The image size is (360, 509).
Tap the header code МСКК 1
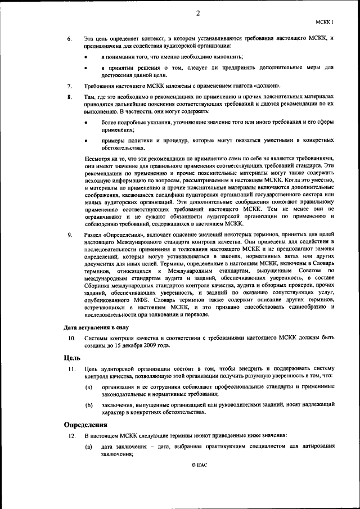pos(325,22)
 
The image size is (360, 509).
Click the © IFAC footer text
pos(199,466)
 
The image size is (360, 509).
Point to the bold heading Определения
pos(85,425)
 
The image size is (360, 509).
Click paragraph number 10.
pos(71,338)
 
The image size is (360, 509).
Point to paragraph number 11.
pos(71,368)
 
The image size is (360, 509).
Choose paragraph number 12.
pos(71,436)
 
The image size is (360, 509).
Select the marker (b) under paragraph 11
pos(89,405)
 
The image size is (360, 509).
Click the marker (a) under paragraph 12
pos(89,447)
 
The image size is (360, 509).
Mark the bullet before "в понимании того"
pos(85,57)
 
